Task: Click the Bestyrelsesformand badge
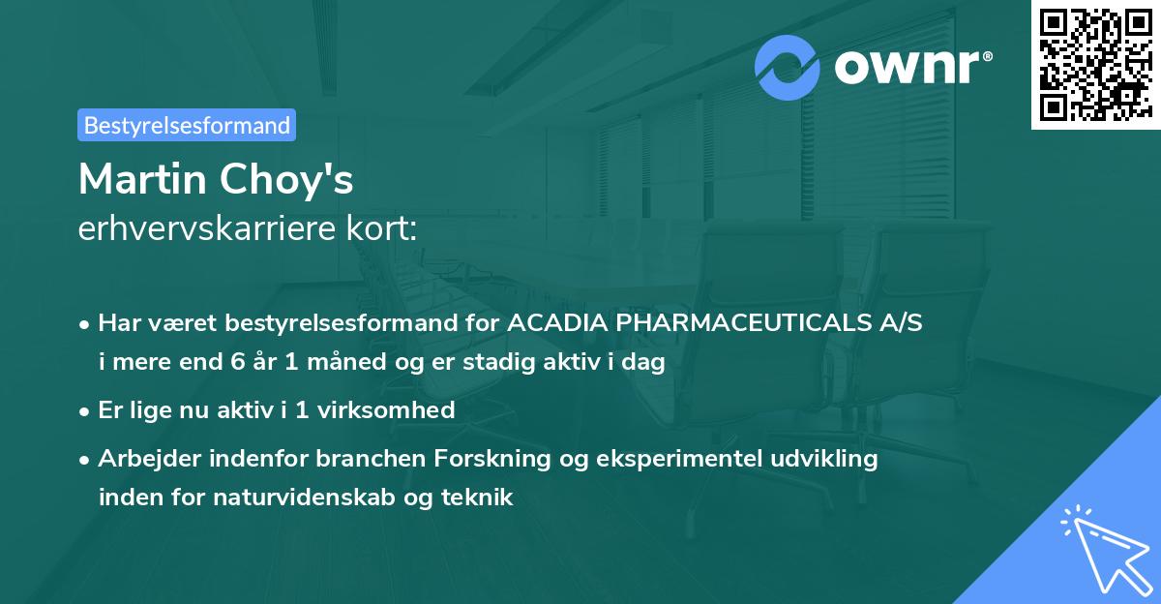point(187,125)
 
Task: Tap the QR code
point(1095,64)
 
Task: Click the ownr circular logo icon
point(787,68)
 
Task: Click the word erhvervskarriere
point(214,229)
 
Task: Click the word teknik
point(479,498)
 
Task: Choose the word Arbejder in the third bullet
point(141,459)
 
